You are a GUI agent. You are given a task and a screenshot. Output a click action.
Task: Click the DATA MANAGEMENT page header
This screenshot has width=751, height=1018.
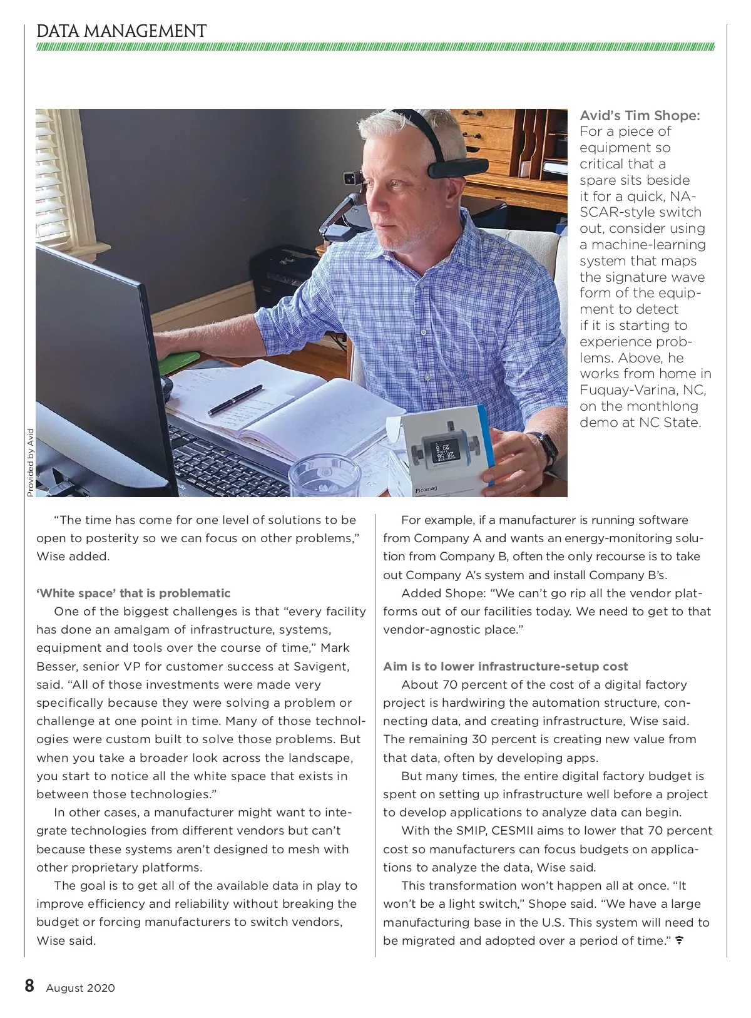(x=121, y=31)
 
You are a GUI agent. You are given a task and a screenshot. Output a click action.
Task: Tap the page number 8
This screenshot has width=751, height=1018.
(x=29, y=986)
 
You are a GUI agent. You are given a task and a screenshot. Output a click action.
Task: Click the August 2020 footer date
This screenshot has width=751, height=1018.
(x=80, y=988)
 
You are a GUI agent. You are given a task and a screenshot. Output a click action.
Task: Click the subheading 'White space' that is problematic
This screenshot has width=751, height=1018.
(x=133, y=593)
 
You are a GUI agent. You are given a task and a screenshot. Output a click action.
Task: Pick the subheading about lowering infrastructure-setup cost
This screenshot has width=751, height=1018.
(x=505, y=666)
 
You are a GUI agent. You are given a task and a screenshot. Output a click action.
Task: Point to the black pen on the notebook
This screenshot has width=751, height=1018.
(x=235, y=399)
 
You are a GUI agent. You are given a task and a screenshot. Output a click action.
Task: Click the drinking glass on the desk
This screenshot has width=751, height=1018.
(x=316, y=477)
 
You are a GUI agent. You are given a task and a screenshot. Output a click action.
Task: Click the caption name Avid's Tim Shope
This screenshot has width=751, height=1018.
(x=640, y=116)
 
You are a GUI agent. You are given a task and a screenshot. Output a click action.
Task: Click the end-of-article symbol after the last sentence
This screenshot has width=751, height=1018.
(x=679, y=940)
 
